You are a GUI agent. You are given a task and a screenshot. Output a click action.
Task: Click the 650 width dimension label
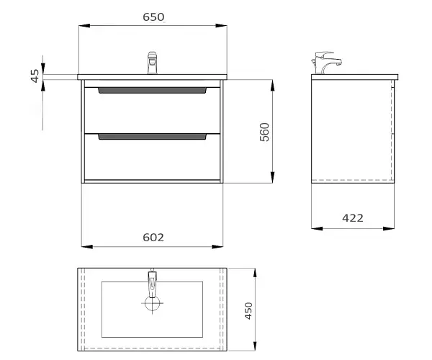[153, 17]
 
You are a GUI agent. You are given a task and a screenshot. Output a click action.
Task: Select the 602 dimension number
[153, 238]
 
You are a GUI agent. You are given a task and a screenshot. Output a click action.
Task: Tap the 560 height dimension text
[264, 132]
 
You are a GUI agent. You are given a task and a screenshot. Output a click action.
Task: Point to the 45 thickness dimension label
[35, 76]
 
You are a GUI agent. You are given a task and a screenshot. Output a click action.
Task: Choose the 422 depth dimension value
[353, 218]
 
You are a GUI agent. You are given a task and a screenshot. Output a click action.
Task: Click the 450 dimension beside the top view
[248, 311]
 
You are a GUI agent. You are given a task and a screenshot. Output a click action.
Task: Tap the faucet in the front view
[152, 63]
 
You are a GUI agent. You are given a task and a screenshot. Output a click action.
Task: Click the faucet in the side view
[326, 63]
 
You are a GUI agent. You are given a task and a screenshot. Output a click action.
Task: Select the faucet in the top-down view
[152, 284]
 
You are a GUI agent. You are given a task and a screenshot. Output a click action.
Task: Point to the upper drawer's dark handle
[153, 90]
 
